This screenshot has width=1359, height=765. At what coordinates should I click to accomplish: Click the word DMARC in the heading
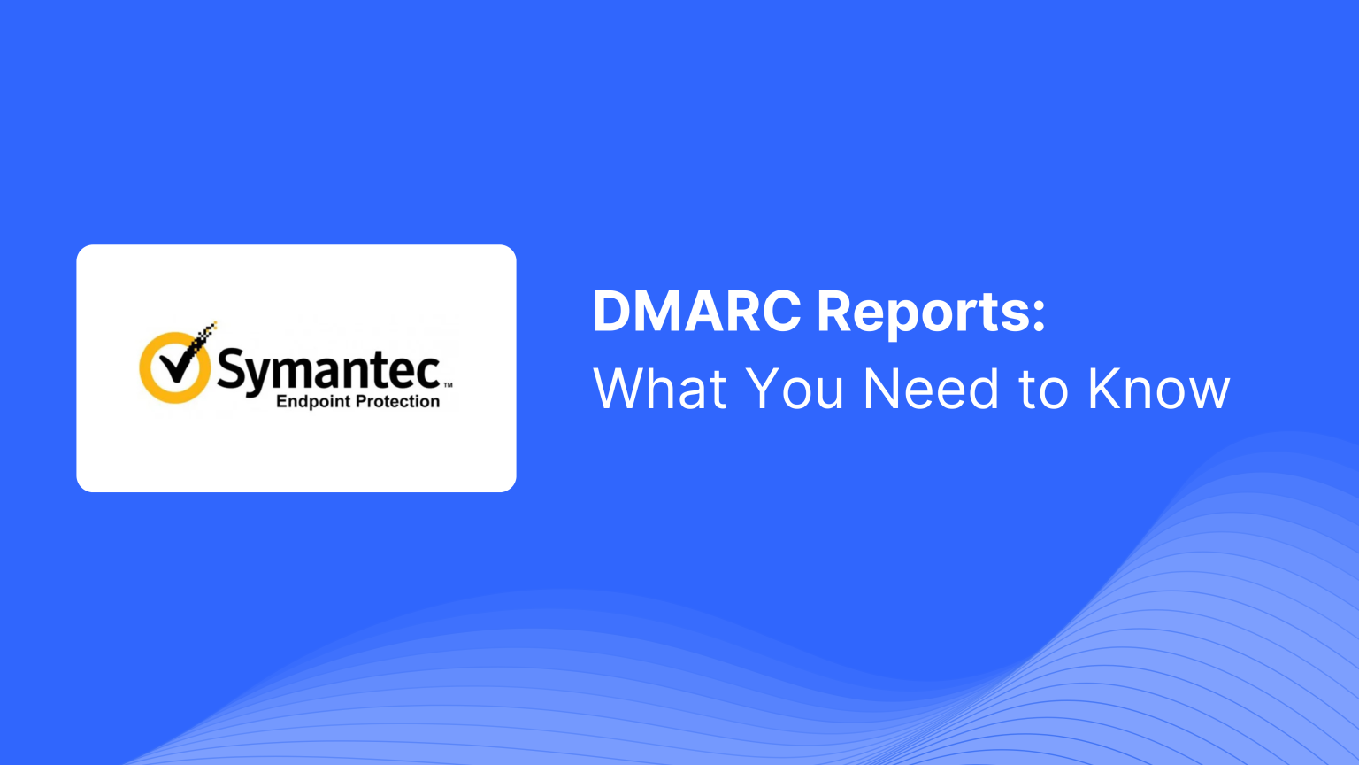[697, 312]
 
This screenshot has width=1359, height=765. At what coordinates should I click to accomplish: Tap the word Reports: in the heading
[931, 313]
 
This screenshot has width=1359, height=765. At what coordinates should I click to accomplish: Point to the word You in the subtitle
[795, 389]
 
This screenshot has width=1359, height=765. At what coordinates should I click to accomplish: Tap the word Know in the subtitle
[1158, 389]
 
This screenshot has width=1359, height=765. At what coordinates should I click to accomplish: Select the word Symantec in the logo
[328, 370]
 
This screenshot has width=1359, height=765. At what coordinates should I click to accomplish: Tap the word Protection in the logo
[397, 401]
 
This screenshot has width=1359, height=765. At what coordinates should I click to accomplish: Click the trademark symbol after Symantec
[448, 385]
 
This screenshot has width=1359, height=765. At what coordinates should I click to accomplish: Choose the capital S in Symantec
[231, 368]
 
